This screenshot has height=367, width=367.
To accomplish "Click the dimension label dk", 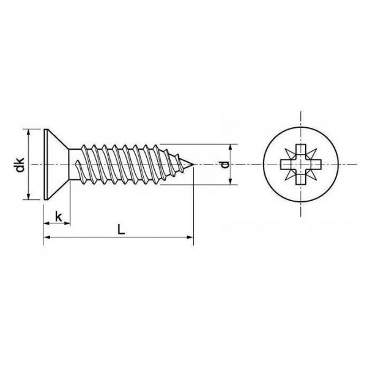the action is (x=20, y=165).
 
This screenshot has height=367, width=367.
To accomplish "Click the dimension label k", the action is (x=59, y=217).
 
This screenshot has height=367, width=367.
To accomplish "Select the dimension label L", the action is (x=121, y=229).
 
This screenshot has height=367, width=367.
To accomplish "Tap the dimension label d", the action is (x=224, y=165).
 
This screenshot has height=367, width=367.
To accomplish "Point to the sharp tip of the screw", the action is (x=193, y=165).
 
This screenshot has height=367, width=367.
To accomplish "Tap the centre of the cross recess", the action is (x=301, y=165).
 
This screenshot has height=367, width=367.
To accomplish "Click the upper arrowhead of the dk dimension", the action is (x=29, y=133).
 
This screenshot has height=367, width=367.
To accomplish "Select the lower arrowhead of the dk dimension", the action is (x=29, y=196).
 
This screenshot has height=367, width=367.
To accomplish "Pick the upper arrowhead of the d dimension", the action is (x=231, y=148).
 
